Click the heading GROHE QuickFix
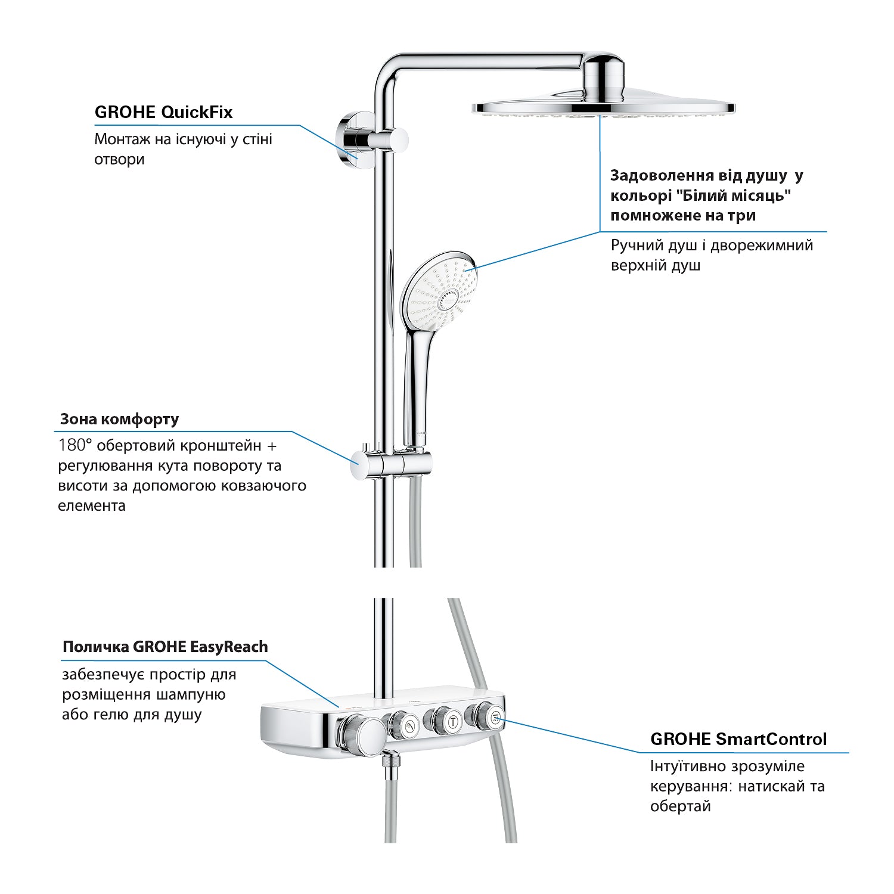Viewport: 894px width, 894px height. tap(163, 112)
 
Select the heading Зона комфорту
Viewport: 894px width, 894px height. tap(119, 419)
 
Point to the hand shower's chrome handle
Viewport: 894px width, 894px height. tap(415, 387)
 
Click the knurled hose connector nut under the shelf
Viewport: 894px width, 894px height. tap(391, 765)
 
